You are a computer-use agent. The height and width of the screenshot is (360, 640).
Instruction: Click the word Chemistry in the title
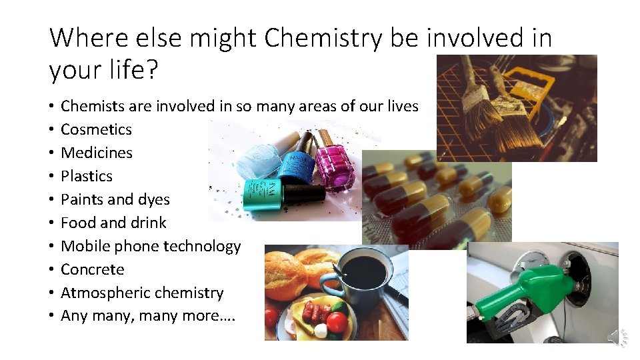pyautogui.click(x=323, y=39)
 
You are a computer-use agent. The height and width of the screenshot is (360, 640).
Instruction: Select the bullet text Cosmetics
pyautogui.click(x=96, y=129)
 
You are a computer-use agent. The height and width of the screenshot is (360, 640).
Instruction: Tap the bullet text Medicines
pyautogui.click(x=97, y=153)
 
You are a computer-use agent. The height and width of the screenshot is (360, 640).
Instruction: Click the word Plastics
pyautogui.click(x=87, y=176)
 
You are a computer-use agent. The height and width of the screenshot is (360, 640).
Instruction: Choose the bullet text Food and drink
pyautogui.click(x=113, y=223)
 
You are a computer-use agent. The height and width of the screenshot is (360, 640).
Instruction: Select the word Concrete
pyautogui.click(x=93, y=269)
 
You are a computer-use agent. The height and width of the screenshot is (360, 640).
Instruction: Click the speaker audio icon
pyautogui.click(x=618, y=337)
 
